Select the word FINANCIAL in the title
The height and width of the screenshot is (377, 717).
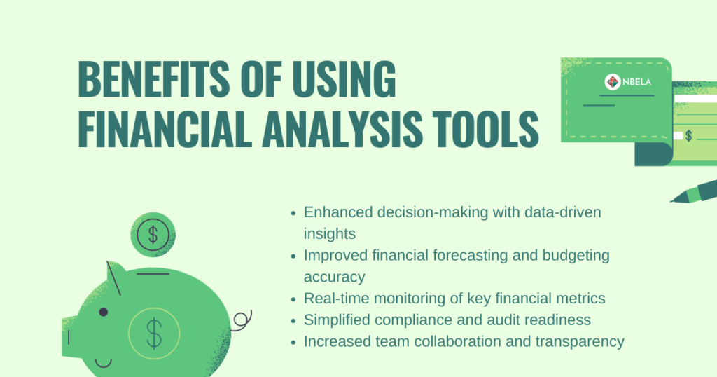pos(165,129)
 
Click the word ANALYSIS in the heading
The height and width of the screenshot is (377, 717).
pos(342,129)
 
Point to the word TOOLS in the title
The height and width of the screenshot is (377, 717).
pos(486,129)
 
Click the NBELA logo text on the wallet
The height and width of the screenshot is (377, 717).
pos(637,83)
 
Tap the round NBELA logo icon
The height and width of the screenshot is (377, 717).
pos(613,82)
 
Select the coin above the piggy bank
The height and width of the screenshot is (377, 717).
pos(153,235)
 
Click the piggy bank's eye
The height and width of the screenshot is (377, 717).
pos(104,312)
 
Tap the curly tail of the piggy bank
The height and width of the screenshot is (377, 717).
pos(242,321)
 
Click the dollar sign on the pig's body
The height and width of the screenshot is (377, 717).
pos(154,334)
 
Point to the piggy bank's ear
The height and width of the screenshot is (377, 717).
pos(116,277)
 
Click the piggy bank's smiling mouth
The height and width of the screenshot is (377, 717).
pos(104,364)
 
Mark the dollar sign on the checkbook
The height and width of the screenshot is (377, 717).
pos(689,135)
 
